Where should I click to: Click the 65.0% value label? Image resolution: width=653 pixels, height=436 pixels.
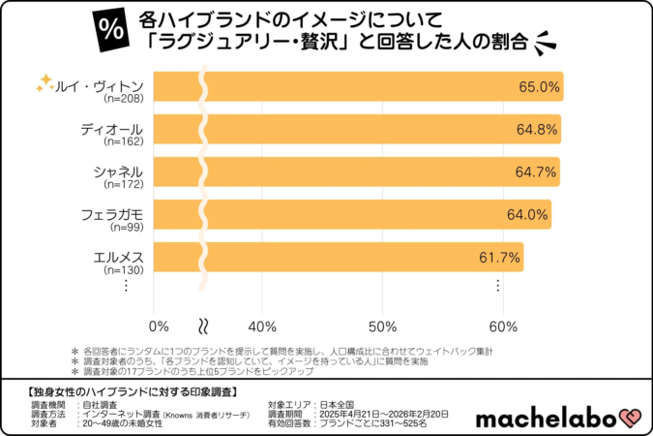tap(539, 87)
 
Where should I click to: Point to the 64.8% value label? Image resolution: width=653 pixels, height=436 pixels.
tap(537, 130)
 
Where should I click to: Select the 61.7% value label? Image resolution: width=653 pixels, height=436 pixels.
tap(500, 258)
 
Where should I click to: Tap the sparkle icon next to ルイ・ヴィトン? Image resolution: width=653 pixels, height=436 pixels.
tap(44, 83)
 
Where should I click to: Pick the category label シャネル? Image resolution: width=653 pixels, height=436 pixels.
tap(118, 171)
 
